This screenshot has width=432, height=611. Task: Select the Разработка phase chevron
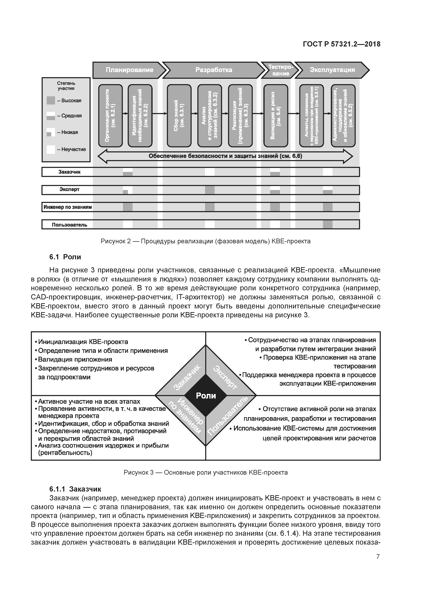(x=213, y=70)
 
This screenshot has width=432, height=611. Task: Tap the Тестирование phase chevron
(x=280, y=70)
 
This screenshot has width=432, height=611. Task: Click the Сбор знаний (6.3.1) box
(x=179, y=116)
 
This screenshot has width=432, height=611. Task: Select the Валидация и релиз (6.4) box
(x=276, y=116)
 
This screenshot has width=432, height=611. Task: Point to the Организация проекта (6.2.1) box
(x=110, y=116)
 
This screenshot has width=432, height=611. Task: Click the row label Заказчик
(x=69, y=172)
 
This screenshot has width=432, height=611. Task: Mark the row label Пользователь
(x=69, y=225)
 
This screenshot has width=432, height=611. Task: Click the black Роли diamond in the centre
(x=206, y=396)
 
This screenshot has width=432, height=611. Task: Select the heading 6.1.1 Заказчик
(x=75, y=489)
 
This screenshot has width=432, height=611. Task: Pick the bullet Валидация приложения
(x=75, y=359)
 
